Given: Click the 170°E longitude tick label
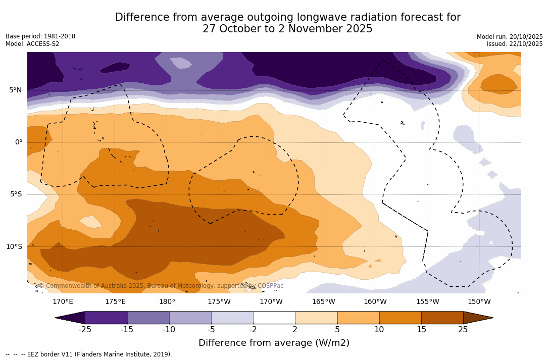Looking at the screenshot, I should pyautogui.click(x=63, y=302).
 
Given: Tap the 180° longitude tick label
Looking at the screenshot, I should pyautogui.click(x=167, y=302).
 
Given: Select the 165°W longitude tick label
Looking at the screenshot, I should pyautogui.click(x=323, y=302).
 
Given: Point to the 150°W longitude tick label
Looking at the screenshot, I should pyautogui.click(x=479, y=302).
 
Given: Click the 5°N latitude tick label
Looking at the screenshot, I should pyautogui.click(x=15, y=90).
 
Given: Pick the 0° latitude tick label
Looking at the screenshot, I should pyautogui.click(x=18, y=142).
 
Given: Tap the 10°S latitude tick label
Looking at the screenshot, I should pyautogui.click(x=14, y=247).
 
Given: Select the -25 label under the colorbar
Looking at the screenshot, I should pyautogui.click(x=85, y=330).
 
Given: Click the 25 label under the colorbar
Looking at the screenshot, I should pyautogui.click(x=463, y=330).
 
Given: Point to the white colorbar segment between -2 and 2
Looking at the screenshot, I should pyautogui.click(x=274, y=318).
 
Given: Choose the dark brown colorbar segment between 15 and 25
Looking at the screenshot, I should pyautogui.click(x=442, y=318).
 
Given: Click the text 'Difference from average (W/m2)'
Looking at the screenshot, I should pyautogui.click(x=274, y=343).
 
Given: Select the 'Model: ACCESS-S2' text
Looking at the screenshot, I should pyautogui.click(x=32, y=44).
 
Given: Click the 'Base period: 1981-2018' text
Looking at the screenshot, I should pyautogui.click(x=40, y=36).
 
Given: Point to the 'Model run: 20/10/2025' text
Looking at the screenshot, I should pyautogui.click(x=510, y=37).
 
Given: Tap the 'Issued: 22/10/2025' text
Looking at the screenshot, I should pyautogui.click(x=515, y=44).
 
